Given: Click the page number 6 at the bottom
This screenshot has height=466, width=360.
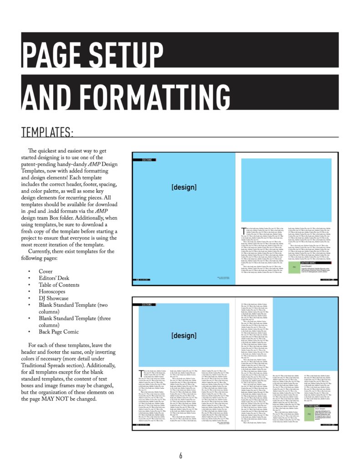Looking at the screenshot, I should point(180,456).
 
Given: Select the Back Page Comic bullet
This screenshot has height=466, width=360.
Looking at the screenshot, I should point(59,332).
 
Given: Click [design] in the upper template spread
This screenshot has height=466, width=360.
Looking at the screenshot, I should point(183,187).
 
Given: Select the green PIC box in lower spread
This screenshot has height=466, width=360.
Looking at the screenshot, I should point(309,415).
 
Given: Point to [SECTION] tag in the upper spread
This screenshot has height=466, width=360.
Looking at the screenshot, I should point(147,160).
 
